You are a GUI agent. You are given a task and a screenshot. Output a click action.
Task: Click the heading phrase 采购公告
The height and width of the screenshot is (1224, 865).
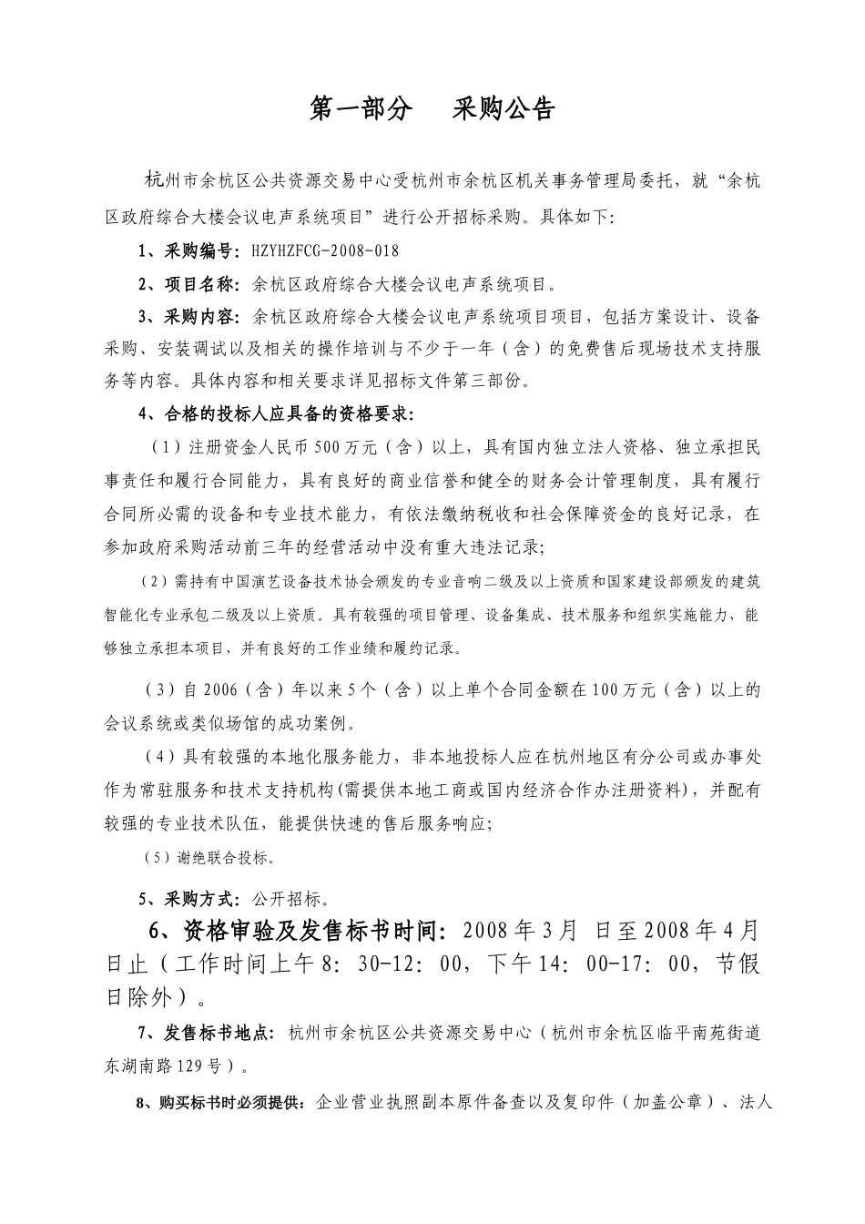(x=504, y=110)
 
